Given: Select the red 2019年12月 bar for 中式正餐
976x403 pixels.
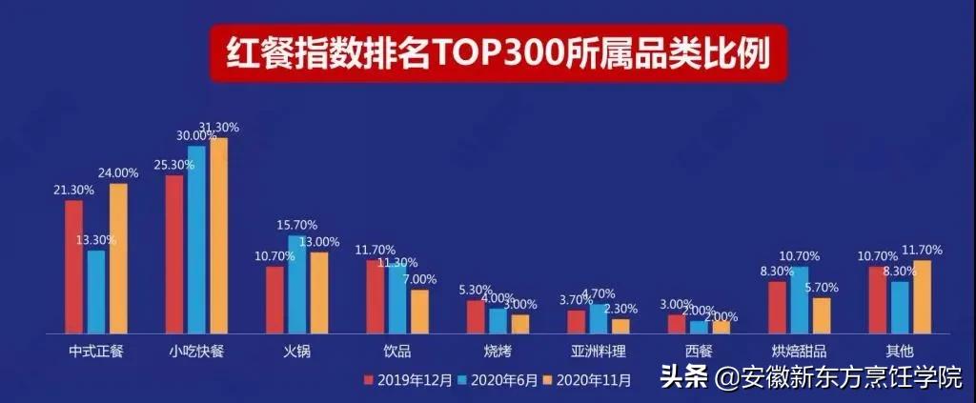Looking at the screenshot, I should click(73, 266).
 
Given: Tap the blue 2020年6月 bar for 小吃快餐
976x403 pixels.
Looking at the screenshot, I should click(196, 238).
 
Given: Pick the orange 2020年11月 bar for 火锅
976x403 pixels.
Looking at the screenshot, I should click(319, 292).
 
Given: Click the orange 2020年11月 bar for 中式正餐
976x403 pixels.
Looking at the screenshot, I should click(117, 257).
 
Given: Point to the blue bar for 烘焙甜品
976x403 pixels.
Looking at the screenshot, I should click(799, 299).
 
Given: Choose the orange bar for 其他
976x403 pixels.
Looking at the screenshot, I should click(922, 295).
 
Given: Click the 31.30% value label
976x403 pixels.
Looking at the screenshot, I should click(218, 128).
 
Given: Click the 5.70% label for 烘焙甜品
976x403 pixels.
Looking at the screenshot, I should click(821, 287).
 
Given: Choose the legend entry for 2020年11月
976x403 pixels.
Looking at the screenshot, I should click(588, 380).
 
